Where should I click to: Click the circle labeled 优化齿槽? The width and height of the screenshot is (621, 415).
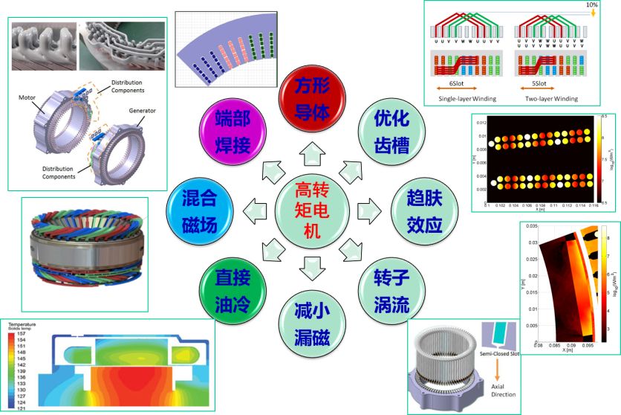[391, 131]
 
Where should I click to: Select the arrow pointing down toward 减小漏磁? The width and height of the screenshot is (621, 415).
[310, 266]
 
